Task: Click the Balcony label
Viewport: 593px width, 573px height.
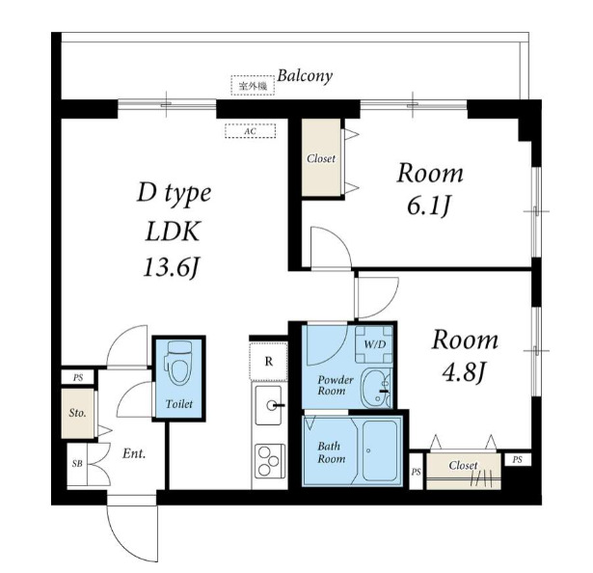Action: (305, 76)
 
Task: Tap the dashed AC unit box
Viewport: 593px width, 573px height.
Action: (251, 131)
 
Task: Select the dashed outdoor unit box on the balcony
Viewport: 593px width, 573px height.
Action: (253, 86)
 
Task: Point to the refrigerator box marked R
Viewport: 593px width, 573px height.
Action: (268, 361)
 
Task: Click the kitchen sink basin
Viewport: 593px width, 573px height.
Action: (268, 405)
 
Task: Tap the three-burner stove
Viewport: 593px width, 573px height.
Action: (270, 461)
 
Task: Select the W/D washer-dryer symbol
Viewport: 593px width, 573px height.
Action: (374, 344)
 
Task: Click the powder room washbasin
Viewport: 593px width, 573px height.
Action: (376, 388)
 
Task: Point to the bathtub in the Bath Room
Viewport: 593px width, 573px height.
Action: (380, 450)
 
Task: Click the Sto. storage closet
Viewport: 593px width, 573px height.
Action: (78, 413)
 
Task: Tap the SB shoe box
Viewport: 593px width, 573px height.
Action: (77, 464)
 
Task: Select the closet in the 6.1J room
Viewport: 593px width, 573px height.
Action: (321, 157)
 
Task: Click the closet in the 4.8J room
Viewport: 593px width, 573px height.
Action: (464, 471)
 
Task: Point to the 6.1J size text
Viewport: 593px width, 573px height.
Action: (429, 206)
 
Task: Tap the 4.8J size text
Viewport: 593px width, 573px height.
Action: (464, 373)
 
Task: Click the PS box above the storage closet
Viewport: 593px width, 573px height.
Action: (78, 377)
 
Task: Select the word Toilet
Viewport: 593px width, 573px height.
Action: (179, 404)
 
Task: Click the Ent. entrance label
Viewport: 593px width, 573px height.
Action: (134, 453)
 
